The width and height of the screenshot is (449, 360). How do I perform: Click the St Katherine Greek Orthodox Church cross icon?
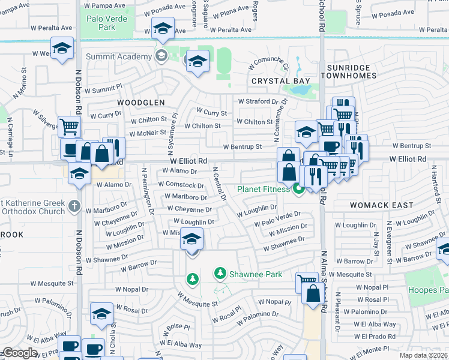74,206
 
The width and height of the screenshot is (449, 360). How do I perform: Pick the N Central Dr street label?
219,184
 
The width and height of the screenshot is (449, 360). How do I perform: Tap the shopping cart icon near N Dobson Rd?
70,127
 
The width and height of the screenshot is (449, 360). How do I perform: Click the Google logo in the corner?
20,353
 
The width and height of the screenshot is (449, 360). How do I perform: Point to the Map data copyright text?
424,355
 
